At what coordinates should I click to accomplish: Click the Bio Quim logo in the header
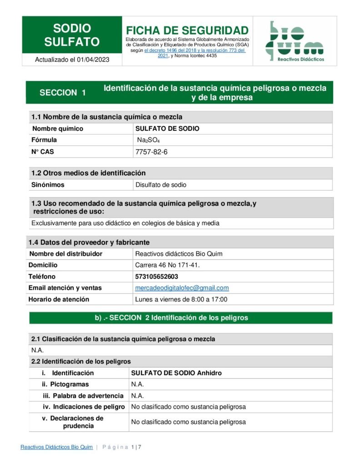[x=295, y=41]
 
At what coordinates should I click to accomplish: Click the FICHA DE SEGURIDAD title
[x=187, y=30]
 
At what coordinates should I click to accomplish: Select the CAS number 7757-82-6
[x=151, y=152]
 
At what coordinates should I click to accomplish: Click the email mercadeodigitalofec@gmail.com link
[x=182, y=288]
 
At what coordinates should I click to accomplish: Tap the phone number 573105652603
[x=156, y=277]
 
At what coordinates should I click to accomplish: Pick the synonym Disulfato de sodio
[x=161, y=185]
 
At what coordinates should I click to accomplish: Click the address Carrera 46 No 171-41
[x=167, y=265]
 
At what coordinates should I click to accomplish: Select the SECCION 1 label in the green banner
[x=63, y=93]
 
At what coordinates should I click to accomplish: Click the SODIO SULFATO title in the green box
[x=72, y=35]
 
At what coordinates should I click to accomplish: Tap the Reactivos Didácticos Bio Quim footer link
[x=56, y=447]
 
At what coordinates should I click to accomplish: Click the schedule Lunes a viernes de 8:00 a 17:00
[x=181, y=299]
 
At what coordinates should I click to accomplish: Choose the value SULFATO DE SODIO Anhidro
[x=176, y=373]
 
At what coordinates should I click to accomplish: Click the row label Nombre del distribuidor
[x=65, y=254]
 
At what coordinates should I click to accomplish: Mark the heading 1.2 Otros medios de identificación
[x=88, y=173]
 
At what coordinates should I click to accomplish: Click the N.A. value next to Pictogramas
[x=137, y=384]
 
